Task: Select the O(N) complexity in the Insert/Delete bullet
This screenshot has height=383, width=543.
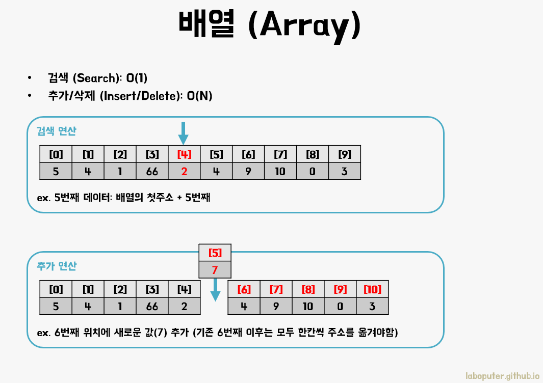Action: (199, 96)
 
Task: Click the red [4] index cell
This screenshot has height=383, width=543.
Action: (184, 154)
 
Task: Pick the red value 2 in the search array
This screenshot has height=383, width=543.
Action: (184, 171)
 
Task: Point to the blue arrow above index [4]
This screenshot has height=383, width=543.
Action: (184, 132)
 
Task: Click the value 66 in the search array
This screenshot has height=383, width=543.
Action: (152, 171)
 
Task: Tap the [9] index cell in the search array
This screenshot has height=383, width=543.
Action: (345, 154)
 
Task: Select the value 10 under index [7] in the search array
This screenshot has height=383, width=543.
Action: (280, 171)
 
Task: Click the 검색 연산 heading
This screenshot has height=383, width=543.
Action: (57, 131)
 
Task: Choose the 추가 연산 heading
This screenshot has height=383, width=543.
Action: (57, 266)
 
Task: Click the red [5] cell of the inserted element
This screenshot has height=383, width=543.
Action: (215, 252)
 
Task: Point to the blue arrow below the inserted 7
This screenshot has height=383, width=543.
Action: (216, 289)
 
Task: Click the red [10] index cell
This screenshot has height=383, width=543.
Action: (372, 289)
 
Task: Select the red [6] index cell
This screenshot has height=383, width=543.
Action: (244, 289)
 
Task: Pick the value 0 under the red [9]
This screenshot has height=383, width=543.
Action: (341, 306)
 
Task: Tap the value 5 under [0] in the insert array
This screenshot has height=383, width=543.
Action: (56, 306)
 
